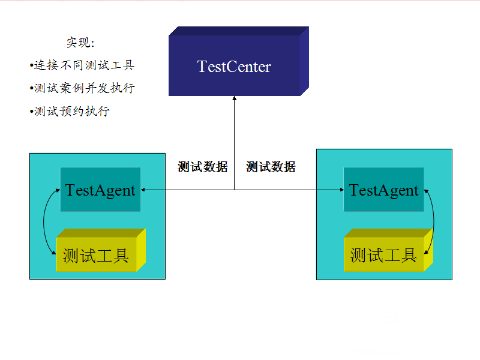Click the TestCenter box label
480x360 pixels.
[234, 67]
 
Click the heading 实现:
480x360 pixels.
[80, 43]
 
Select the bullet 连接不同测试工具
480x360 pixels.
[83, 65]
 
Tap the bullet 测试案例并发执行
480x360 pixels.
[83, 88]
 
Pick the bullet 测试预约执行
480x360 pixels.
[70, 111]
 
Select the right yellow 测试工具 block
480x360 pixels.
[383, 256]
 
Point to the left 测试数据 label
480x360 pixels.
[202, 167]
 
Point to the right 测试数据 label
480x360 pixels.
[271, 167]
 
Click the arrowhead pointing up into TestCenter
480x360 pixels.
[235, 98]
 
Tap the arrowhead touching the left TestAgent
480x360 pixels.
[144, 190]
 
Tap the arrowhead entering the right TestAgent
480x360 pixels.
[340, 190]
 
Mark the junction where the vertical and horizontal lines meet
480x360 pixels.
[235, 190]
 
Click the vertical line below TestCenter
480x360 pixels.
[235, 144]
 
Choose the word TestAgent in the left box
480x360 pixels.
[100, 190]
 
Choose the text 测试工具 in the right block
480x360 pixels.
[383, 256]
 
